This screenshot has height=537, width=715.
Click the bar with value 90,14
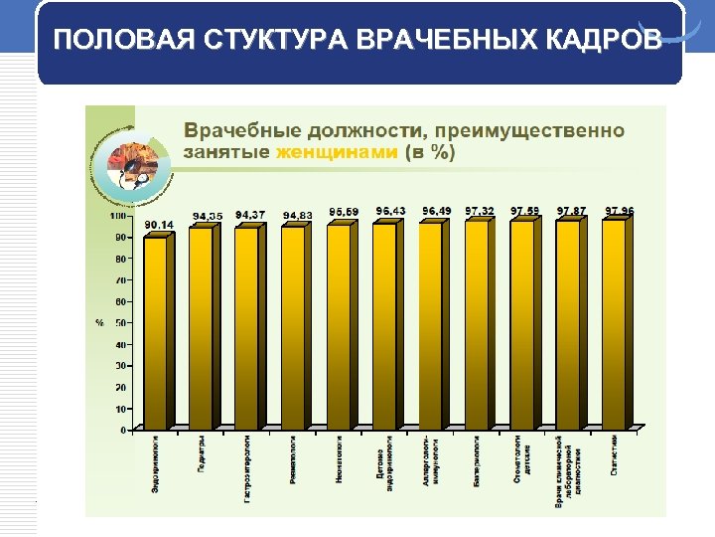coord(157,333)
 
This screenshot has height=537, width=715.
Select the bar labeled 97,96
coord(615,324)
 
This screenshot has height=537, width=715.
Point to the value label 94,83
coord(298,216)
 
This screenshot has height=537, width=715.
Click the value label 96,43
coord(390,211)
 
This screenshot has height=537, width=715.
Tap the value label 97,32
coord(479,211)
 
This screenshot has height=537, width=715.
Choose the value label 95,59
coord(345,212)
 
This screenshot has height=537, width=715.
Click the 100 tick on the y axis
coord(117,216)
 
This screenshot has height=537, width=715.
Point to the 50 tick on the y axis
coord(120,323)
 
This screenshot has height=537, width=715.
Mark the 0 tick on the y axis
coord(123,431)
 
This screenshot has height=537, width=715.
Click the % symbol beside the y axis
coord(99,323)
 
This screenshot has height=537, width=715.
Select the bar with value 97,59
coord(523,324)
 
